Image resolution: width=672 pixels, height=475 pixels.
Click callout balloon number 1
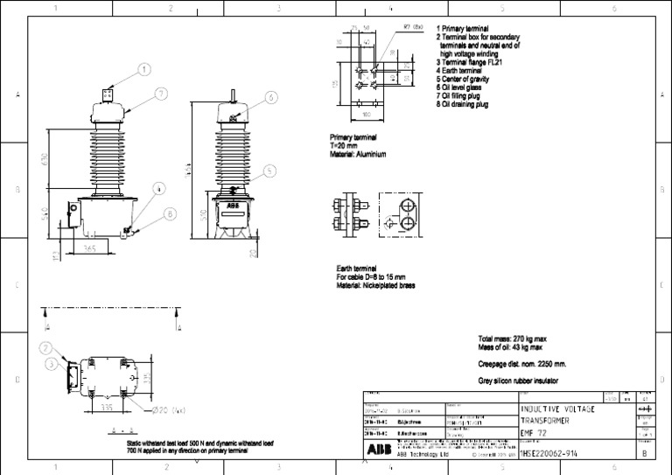(144, 69)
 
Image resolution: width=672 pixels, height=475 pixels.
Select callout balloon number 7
(162, 93)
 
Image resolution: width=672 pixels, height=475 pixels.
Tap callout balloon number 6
(271, 97)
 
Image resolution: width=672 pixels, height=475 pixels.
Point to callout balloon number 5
(270, 171)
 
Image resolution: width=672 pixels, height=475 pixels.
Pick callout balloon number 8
(169, 213)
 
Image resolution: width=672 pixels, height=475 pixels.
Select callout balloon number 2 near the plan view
(46, 347)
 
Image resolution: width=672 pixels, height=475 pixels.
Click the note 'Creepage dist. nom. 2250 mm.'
(528, 363)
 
